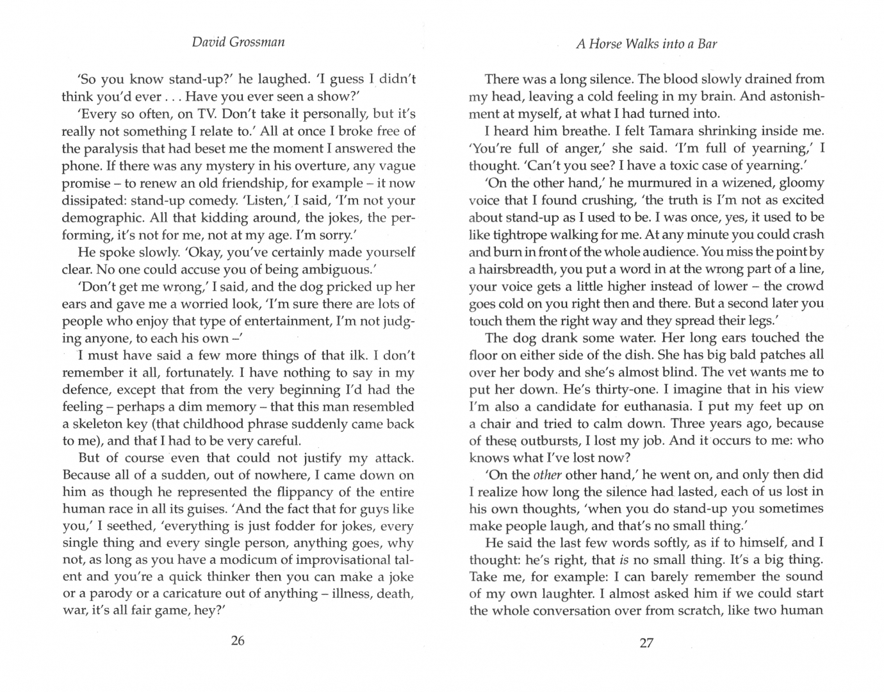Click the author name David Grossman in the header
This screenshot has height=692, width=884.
[x=238, y=43]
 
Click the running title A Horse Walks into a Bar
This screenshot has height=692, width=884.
[x=646, y=44]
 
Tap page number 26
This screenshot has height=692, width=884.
[x=238, y=641]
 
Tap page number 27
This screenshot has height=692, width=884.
[x=646, y=643]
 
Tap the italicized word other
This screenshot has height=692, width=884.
[x=546, y=475]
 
